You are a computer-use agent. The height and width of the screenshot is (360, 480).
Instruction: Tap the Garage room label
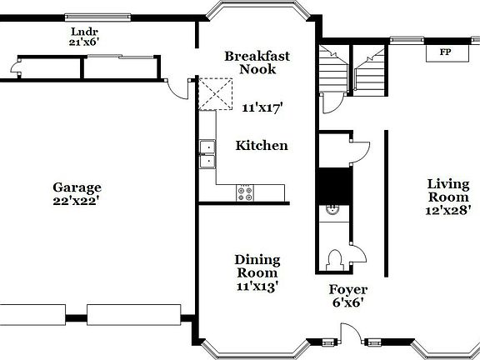77,187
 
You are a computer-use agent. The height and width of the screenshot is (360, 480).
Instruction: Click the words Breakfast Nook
257,62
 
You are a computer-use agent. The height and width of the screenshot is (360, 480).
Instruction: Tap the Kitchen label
262,146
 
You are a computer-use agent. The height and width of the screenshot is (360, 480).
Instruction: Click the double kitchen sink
207,155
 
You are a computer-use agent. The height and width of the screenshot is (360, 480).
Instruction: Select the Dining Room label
257,267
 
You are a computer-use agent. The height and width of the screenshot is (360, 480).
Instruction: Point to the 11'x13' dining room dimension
257,286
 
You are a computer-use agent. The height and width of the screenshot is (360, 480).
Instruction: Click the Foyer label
346,291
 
